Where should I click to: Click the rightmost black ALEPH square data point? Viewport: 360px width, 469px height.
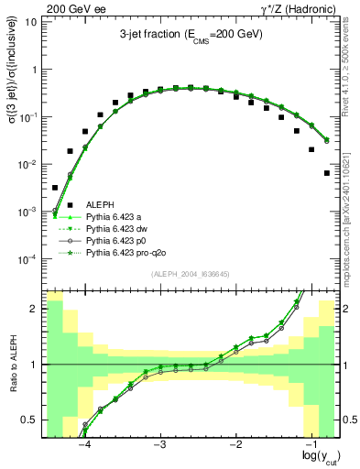coord(327,173)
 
